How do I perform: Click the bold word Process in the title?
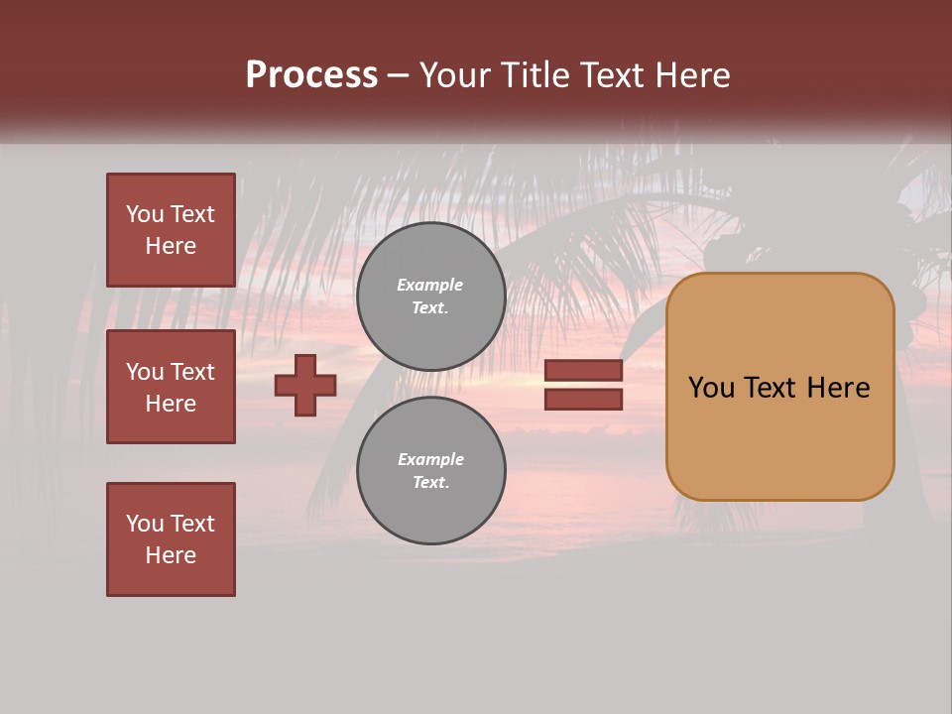click(311, 75)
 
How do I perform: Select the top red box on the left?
click(171, 231)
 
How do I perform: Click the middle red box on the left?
click(171, 387)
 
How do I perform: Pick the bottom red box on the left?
click(171, 538)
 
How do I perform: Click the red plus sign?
click(305, 385)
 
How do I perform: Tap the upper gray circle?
click(430, 297)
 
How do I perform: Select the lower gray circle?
click(430, 471)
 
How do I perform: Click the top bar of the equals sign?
click(583, 370)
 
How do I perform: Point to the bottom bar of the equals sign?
click(583, 400)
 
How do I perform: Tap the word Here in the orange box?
click(838, 388)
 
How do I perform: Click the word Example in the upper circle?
click(429, 286)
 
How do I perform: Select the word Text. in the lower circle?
click(430, 483)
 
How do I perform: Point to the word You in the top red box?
click(144, 215)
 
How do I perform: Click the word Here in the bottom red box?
click(171, 555)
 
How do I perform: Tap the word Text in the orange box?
click(771, 388)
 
